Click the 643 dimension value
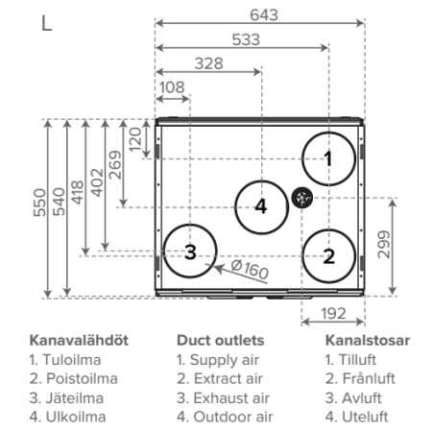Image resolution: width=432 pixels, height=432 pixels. pos(264,15)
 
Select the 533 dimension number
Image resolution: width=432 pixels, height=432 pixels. pos(246,39)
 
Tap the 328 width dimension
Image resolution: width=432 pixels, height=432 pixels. pos(209,63)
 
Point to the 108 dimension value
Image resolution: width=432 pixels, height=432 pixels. pos(172,87)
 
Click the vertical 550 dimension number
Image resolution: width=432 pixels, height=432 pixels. pos(39,203)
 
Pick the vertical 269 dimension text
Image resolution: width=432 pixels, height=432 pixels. pos(115,165)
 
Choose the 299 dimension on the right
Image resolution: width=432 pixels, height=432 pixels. pos(384,245)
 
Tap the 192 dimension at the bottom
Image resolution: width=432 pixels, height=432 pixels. pos(333,313)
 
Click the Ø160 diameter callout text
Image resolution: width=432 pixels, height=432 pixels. pos(250,269)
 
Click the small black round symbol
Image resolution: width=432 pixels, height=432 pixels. pos(301,198)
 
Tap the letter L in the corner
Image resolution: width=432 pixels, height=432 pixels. pos(47,23)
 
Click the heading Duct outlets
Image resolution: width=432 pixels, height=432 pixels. pos(221,341)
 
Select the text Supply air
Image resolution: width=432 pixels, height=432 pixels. pos(225,360)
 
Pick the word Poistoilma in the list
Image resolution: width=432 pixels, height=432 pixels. pos(82,378)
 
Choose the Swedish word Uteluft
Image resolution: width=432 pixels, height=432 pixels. pos(365,417)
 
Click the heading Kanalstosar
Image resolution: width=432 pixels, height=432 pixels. pos(368,341)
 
